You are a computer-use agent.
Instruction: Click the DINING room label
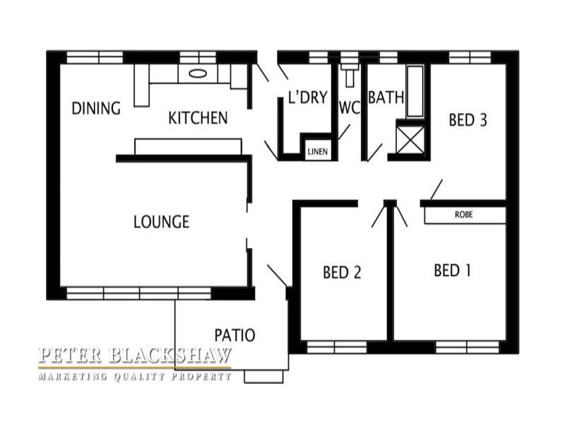[x=96, y=108]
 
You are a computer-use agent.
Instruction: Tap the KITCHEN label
[x=198, y=118]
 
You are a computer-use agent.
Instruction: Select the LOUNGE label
[x=162, y=222]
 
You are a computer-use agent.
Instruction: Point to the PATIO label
[x=235, y=335]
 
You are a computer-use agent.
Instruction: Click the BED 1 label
[x=452, y=271]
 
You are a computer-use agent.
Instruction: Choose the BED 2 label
[x=342, y=272]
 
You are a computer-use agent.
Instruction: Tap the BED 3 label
[x=468, y=120]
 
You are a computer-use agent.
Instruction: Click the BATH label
[x=386, y=98]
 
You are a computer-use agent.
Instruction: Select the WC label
[x=350, y=107]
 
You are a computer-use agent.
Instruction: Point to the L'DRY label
[x=308, y=98]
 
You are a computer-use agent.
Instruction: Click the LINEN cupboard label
[x=318, y=152]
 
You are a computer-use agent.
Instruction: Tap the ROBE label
[x=464, y=215]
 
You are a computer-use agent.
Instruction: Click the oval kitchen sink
[x=198, y=73]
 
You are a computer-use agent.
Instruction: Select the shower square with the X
[x=410, y=139]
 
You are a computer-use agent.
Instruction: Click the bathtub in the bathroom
[x=415, y=91]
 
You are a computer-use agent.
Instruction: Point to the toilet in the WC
[x=350, y=75]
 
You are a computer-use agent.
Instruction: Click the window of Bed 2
[x=337, y=347]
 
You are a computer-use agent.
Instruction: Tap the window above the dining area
[x=95, y=58]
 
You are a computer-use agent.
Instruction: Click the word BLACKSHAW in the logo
[x=169, y=355]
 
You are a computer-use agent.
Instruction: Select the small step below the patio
[x=263, y=377]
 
